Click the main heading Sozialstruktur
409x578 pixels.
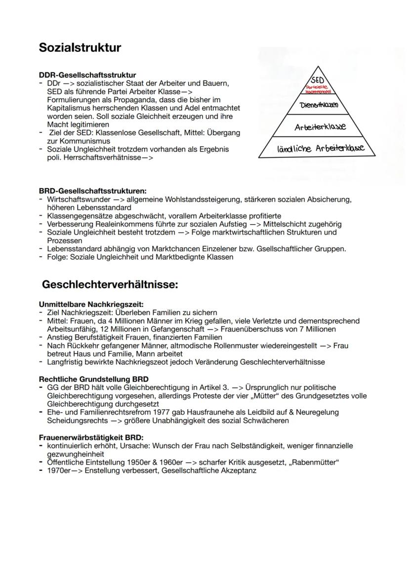pyautogui.click(x=80, y=48)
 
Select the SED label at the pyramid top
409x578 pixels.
pyautogui.click(x=318, y=80)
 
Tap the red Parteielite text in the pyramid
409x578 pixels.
pyautogui.click(x=318, y=87)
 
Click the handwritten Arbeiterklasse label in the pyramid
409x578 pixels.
pyautogui.click(x=320, y=127)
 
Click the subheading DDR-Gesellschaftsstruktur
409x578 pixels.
pyautogui.click(x=87, y=75)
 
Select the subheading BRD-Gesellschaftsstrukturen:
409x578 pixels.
pyautogui.click(x=93, y=191)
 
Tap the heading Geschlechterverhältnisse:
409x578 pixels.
pyautogui.click(x=110, y=285)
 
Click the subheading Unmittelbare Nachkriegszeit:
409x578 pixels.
pyautogui.click(x=91, y=305)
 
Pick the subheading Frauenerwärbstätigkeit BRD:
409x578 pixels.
pyautogui.click(x=91, y=437)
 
